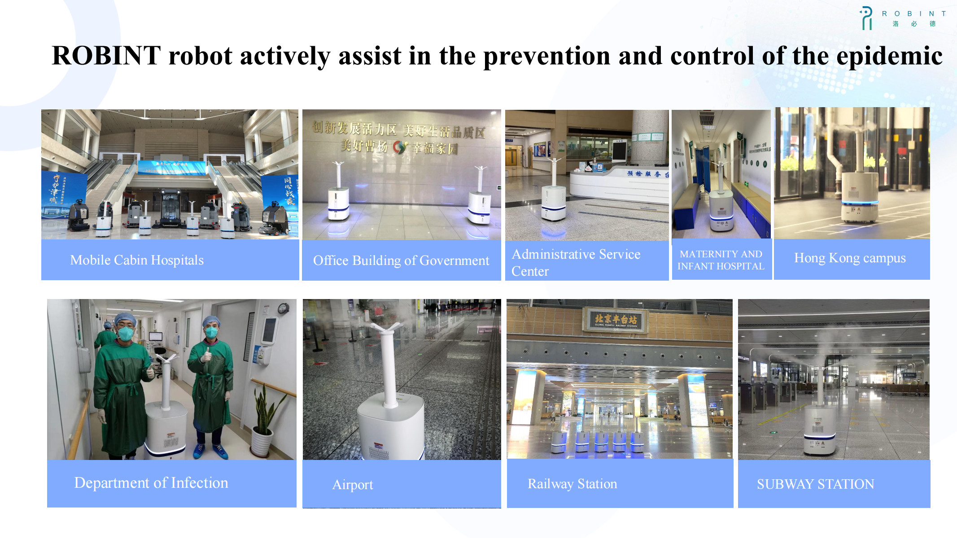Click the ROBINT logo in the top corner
tap(902, 18)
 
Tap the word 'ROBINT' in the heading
tap(106, 56)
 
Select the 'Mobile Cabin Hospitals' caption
tap(137, 260)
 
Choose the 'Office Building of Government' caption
tap(401, 260)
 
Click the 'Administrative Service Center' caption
tap(576, 262)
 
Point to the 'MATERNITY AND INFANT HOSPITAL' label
tap(721, 260)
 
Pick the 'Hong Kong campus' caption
tap(850, 258)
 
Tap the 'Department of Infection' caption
tap(151, 483)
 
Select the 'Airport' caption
tap(353, 485)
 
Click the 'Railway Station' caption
tap(572, 484)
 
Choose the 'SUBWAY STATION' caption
tap(815, 484)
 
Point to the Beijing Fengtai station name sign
tap(615, 320)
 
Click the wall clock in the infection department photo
tap(283, 308)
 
